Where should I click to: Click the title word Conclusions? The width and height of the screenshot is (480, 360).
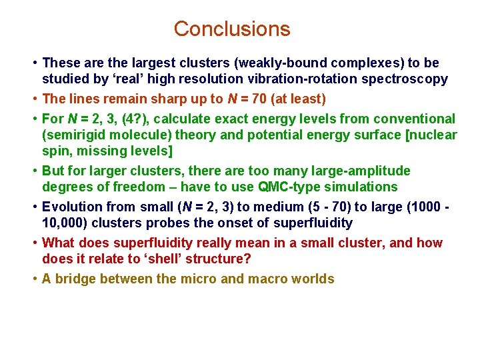click(x=232, y=29)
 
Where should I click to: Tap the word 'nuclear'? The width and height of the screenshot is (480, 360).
click(x=434, y=135)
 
